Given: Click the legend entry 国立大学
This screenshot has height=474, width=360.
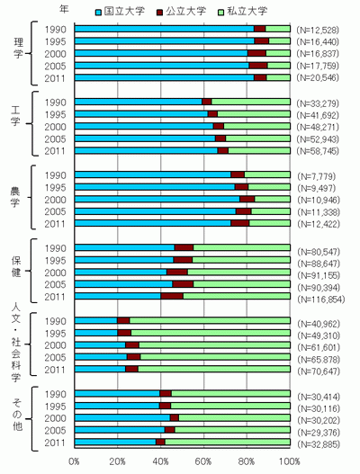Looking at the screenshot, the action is [120, 11].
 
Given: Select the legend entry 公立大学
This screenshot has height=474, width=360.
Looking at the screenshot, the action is [181, 11].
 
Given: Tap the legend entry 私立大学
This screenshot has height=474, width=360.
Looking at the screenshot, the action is [243, 11].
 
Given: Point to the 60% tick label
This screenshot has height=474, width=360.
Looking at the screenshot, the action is [203, 462].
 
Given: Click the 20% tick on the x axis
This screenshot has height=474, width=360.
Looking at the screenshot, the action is [117, 462].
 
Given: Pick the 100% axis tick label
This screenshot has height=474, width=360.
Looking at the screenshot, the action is [290, 462].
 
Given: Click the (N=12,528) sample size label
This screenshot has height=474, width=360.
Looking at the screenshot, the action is [318, 30].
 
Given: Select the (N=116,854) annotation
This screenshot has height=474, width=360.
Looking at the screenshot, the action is [321, 300].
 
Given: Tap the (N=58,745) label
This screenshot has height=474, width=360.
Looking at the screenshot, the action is [318, 151].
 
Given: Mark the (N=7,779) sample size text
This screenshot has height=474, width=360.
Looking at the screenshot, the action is [317, 176].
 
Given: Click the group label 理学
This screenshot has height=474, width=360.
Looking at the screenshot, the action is [19, 48].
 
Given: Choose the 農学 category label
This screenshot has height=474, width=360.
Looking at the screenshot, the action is [15, 197].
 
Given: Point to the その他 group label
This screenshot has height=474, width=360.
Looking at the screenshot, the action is [17, 415].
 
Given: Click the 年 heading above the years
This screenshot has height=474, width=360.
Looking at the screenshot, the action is [64, 9].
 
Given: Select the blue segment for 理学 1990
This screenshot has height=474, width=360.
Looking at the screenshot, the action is [165, 29].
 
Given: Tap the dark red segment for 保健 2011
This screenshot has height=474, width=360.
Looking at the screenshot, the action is [172, 296].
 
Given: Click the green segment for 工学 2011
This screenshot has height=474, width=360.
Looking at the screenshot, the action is [259, 150].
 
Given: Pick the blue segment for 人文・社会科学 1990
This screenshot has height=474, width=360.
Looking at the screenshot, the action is [96, 320].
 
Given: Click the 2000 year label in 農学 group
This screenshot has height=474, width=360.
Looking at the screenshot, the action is [55, 200].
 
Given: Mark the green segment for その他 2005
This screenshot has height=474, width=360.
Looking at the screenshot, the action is [232, 430].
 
